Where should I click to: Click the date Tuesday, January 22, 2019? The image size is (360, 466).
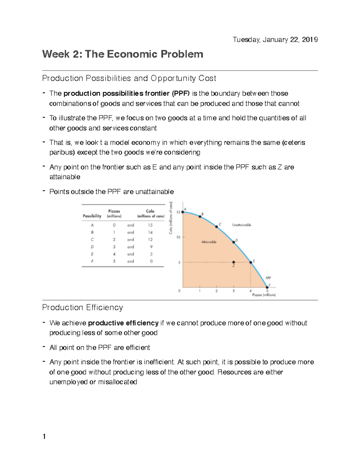point(275,40)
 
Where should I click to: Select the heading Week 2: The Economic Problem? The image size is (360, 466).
point(123,54)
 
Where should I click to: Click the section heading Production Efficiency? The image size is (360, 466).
point(82,308)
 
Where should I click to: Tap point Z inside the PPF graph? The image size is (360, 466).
point(234,262)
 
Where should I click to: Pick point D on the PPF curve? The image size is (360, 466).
point(234,242)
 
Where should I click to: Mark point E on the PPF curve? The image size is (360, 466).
point(251,262)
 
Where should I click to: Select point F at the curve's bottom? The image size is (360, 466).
point(267,287)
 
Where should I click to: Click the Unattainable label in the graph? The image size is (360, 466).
point(241,225)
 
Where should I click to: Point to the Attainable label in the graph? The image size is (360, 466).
point(209,242)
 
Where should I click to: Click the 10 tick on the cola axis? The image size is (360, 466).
point(178,237)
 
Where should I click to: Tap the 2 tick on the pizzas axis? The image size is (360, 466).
point(217,291)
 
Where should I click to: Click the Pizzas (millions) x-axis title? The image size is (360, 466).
point(264,295)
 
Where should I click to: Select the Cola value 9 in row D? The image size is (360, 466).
point(151,247)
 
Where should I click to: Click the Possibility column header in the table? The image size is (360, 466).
point(92,216)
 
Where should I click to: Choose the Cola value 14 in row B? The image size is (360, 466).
point(150,232)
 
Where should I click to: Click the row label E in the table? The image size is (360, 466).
point(92,254)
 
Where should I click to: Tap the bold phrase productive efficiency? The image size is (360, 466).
point(123,323)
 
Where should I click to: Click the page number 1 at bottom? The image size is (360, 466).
point(44,437)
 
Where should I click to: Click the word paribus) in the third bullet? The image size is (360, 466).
point(62,152)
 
